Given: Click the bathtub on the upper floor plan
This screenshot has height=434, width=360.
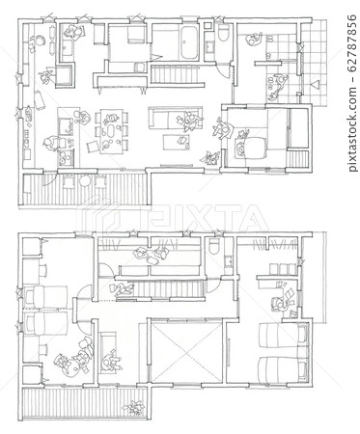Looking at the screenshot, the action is point(189,42).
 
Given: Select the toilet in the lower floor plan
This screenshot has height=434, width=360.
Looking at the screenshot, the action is point(213,246).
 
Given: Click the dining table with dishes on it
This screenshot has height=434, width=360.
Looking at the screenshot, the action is point(111,132).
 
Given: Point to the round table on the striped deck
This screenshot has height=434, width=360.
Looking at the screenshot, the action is point(85,181).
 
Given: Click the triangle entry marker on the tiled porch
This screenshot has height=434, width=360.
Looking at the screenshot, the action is point(315,86).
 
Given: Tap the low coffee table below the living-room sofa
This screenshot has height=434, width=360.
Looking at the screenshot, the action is point(176,142).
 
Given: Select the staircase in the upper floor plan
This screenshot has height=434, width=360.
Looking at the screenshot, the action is point(177,75).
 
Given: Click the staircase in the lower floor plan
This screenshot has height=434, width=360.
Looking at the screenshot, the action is point(171,289).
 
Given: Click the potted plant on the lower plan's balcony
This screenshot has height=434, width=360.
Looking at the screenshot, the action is point(135,408).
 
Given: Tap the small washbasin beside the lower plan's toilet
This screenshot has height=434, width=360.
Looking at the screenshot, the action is point(229,261).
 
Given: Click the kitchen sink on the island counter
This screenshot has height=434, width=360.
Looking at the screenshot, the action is point(66,125).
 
